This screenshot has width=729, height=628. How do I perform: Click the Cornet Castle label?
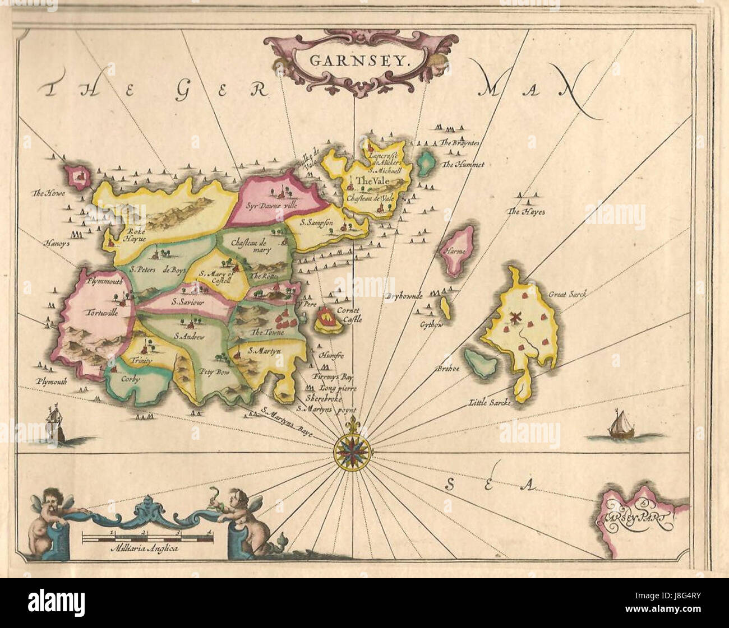(349, 314)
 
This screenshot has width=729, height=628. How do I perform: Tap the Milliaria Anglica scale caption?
(145, 550)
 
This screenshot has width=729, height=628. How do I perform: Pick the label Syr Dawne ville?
(271, 205)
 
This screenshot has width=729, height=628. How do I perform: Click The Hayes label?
(521, 212)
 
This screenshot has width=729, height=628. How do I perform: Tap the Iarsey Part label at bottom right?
(634, 510)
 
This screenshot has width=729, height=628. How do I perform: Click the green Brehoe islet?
(481, 362)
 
